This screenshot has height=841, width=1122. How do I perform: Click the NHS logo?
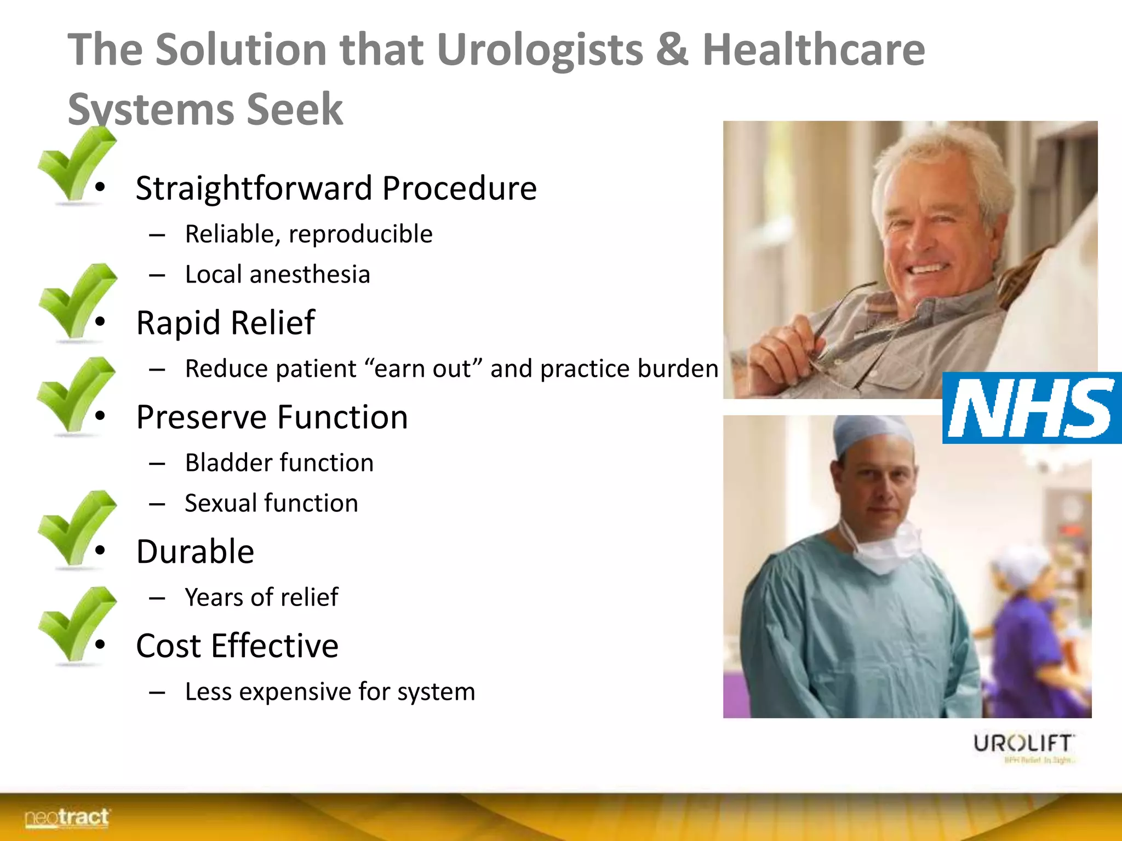[1031, 407]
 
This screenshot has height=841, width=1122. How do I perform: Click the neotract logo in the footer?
[67, 817]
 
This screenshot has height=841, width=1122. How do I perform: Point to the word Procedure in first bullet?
[459, 188]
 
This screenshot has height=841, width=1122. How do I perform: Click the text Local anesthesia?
[277, 274]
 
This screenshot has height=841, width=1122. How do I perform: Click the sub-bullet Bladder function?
[279, 463]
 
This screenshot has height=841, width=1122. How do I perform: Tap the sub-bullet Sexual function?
[271, 503]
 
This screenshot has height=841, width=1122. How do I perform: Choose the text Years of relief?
[261, 597]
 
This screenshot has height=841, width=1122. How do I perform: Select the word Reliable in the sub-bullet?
[230, 234]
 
